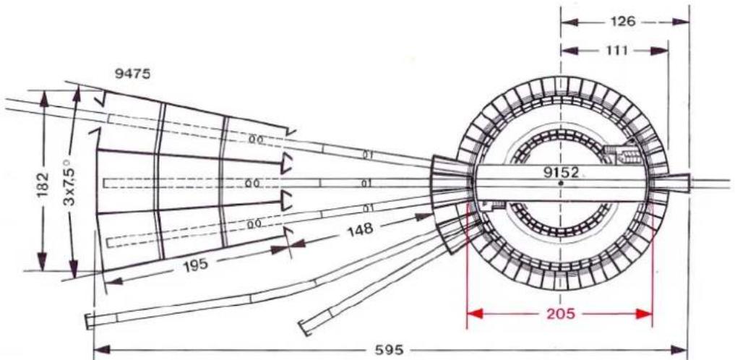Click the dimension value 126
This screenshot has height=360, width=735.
622,22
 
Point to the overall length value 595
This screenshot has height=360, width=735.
389,350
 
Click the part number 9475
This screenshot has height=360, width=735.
133,74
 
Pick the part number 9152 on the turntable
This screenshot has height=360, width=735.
561,173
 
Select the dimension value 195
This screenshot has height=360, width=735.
194,265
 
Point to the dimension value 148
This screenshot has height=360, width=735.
361,229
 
